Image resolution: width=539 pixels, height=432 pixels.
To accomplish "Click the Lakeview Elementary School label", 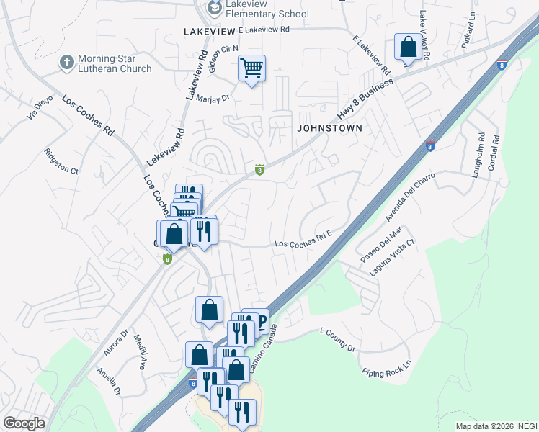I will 266,9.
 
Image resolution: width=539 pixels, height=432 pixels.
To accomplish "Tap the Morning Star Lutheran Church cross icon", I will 67,63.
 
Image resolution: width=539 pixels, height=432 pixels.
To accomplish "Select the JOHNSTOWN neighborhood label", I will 328,127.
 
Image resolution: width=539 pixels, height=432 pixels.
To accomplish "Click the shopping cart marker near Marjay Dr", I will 251,68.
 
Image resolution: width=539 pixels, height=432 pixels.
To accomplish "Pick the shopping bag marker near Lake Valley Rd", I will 408,48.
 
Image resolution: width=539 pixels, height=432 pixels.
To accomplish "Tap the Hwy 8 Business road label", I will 365,101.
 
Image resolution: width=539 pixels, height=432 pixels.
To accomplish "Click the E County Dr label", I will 337,338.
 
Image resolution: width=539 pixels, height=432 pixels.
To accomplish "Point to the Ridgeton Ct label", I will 61,161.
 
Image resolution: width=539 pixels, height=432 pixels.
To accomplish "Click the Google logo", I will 24,423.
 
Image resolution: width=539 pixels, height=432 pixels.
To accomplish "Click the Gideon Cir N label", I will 222,55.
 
